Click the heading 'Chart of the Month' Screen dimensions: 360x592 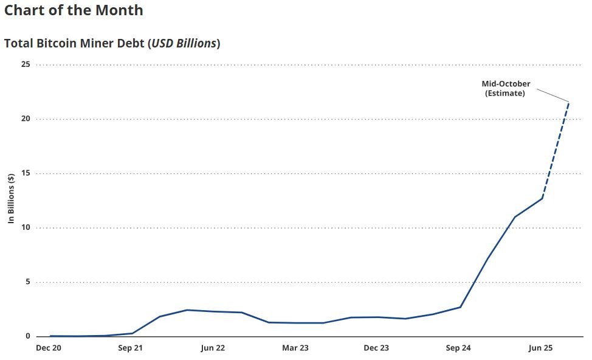click(74, 10)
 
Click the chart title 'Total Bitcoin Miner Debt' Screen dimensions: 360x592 click(74, 44)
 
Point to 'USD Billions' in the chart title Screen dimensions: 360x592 click(183, 44)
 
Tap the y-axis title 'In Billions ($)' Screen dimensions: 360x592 click(11, 199)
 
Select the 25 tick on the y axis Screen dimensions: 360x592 click(26, 64)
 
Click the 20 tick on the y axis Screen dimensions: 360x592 click(26, 119)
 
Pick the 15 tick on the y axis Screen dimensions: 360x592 click(26, 173)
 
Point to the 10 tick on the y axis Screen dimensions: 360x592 click(26, 228)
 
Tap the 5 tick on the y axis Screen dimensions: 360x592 click(27, 282)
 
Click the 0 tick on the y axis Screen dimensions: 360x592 click(27, 336)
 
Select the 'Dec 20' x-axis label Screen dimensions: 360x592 click(49, 348)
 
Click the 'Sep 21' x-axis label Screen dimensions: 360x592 click(131, 348)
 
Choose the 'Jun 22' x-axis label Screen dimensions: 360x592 click(213, 348)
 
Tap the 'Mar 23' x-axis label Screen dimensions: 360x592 click(295, 348)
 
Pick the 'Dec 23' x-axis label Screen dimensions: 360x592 click(376, 348)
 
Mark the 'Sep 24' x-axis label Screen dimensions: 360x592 click(458, 348)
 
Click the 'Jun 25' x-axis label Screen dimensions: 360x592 click(540, 348)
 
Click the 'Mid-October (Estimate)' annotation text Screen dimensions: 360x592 click(506, 89)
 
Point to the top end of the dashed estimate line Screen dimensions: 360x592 click(569, 102)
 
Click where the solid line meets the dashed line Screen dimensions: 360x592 click(542, 198)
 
